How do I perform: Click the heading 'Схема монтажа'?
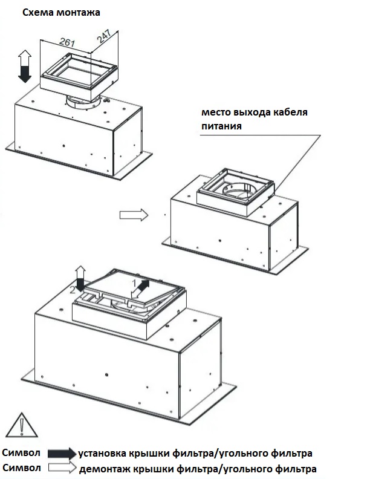61,12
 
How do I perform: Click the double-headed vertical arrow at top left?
25,67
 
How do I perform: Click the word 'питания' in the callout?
222,126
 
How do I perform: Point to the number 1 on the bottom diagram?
134,282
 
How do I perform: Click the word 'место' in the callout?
217,113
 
